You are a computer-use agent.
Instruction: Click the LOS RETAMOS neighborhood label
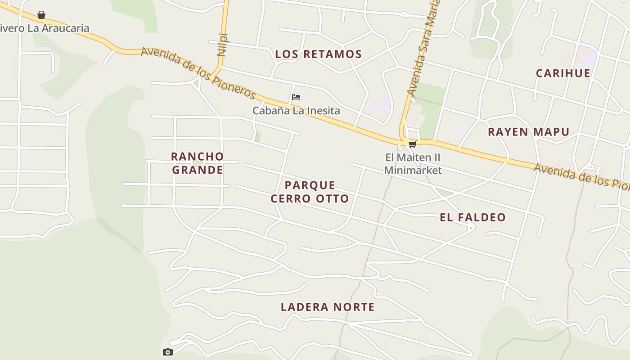pos(318,54)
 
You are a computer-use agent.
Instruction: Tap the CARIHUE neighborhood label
pos(563,73)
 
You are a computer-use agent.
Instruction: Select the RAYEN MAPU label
pos(529,132)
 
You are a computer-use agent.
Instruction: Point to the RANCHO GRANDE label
pos(197,163)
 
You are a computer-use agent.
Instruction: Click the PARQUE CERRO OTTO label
pos(310,192)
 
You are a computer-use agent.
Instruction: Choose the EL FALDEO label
pos(472,217)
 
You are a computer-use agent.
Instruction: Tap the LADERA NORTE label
pos(328,307)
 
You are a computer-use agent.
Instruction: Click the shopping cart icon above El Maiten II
pos(412,144)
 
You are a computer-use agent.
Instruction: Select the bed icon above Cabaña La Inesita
pos(296,97)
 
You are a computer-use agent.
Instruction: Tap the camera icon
pos(167,352)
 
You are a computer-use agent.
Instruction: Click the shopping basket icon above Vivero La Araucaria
pos(41,15)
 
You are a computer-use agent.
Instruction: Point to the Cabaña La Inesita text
pos(296,111)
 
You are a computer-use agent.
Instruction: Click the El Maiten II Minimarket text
pos(413,164)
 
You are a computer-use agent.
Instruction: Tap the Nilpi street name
pos(222,44)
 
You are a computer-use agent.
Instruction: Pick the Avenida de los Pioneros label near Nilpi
pos(198,73)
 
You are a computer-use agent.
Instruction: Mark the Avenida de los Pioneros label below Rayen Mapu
pos(580,175)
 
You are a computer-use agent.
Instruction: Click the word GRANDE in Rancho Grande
pos(197,170)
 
